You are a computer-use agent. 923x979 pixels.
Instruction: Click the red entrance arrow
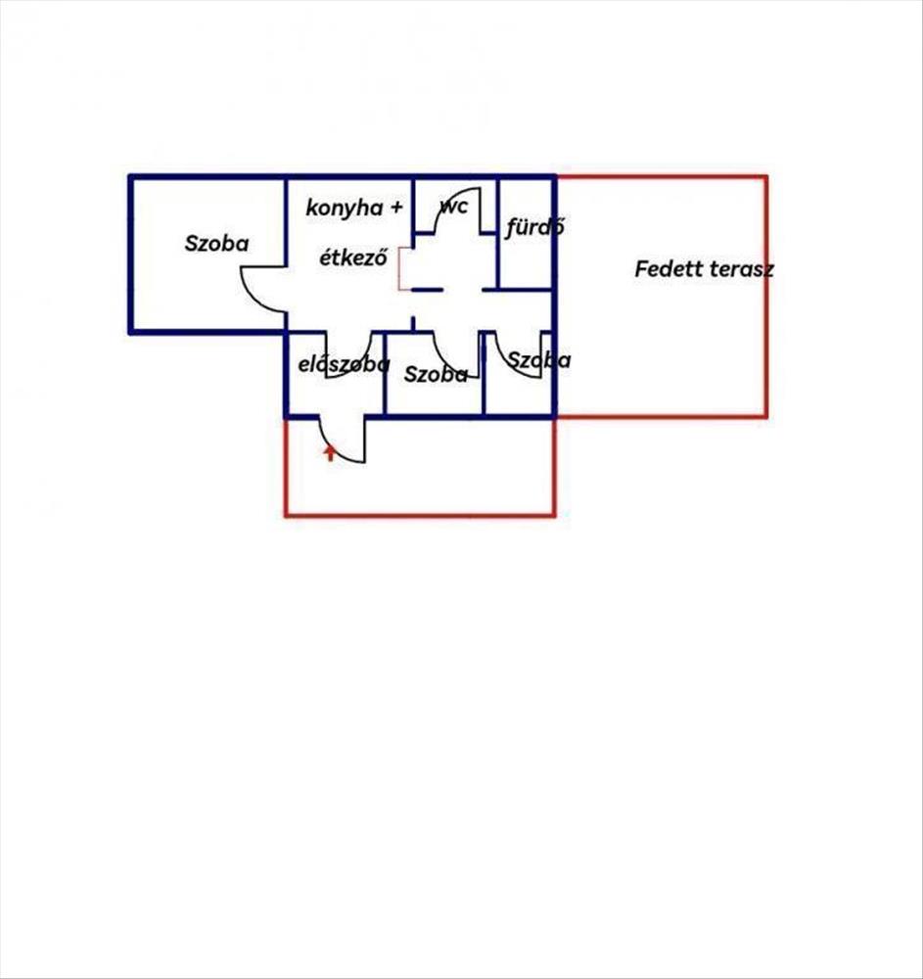pos(330,452)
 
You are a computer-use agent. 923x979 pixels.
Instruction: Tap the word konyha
pos(345,208)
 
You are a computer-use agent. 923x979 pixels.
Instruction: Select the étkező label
pos(354,256)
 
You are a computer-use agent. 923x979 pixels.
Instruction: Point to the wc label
pos(454,206)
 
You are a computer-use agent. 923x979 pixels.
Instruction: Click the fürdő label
pos(534,226)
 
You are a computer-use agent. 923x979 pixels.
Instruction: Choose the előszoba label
pos(344,364)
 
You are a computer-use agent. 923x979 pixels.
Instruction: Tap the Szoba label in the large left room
pos(216,243)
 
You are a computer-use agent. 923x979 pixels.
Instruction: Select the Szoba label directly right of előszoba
pos(436,374)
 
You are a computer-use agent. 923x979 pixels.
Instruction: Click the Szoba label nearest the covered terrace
pos(538,359)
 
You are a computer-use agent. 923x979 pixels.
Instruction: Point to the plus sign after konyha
pos(396,207)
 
